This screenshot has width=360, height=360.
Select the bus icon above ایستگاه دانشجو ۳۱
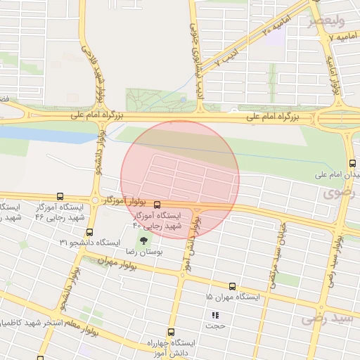click(x=89, y=232)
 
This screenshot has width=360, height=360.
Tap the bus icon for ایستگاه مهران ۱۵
click(x=232, y=286)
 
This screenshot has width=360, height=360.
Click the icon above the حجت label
click(x=215, y=314)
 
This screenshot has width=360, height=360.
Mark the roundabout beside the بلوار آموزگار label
click(x=95, y=200)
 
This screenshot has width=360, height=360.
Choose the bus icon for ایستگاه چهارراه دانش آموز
click(x=171, y=332)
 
